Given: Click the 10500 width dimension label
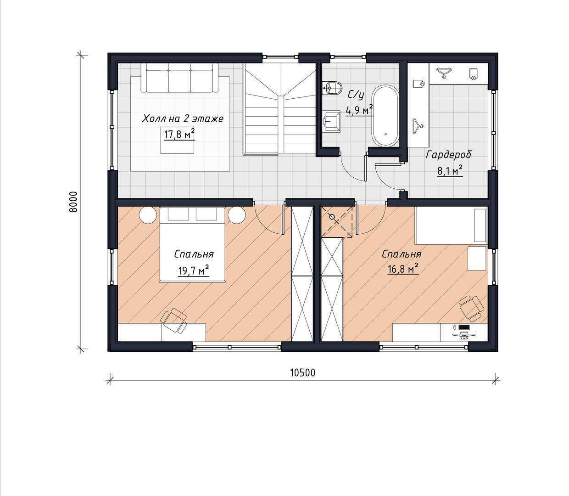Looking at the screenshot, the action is pyautogui.click(x=302, y=372).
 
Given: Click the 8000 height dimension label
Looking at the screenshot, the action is pyautogui.click(x=73, y=202).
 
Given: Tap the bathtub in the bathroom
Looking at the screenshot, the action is pyautogui.click(x=385, y=115).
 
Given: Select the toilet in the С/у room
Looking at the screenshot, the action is pyautogui.click(x=333, y=88).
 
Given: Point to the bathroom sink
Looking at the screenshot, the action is pyautogui.click(x=331, y=121).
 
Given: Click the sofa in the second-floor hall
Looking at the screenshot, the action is pyautogui.click(x=179, y=78).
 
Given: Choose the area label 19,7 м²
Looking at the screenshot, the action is pyautogui.click(x=194, y=270).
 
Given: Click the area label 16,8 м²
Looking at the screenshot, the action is pyautogui.click(x=403, y=269).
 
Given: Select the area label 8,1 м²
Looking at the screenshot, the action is pyautogui.click(x=450, y=171).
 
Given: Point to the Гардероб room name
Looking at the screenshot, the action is pyautogui.click(x=448, y=155).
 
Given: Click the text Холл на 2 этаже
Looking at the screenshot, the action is pyautogui.click(x=183, y=119).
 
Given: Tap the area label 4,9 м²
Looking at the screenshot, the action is pyautogui.click(x=359, y=110).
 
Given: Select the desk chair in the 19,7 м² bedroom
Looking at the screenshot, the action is pyautogui.click(x=175, y=320).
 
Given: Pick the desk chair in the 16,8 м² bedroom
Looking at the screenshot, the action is pyautogui.click(x=470, y=308).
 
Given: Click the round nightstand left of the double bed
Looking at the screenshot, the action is pyautogui.click(x=148, y=215).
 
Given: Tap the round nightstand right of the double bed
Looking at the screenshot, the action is pyautogui.click(x=237, y=215).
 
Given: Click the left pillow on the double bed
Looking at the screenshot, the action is pyautogui.click(x=178, y=214).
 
